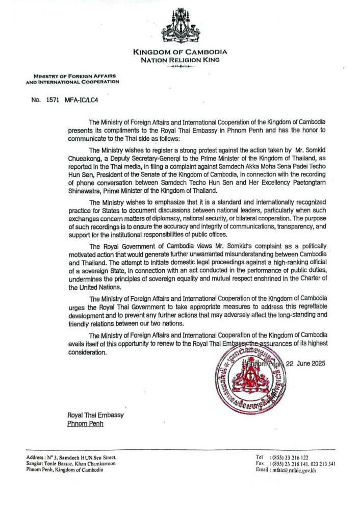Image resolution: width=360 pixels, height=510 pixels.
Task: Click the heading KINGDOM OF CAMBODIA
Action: (180, 52)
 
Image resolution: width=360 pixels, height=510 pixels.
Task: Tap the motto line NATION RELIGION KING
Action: (180, 60)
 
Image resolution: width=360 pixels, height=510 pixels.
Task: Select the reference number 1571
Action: (55, 100)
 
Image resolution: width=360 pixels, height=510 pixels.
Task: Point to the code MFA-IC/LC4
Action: (81, 100)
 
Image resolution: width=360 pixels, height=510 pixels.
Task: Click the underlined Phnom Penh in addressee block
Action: (85, 424)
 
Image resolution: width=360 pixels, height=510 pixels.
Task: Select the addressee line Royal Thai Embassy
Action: (95, 415)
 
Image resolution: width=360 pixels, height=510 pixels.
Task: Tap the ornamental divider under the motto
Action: (180, 67)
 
